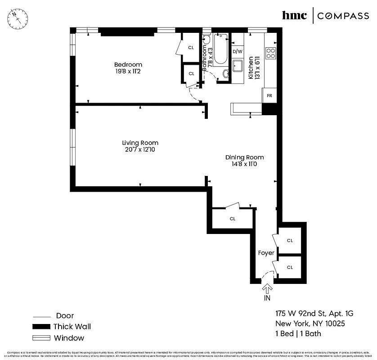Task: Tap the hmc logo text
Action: pyautogui.click(x=294, y=16)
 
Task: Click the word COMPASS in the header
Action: pyautogui.click(x=343, y=16)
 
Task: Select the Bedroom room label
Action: pyautogui.click(x=128, y=64)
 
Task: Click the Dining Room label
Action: pyautogui.click(x=244, y=157)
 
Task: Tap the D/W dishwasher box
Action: pyautogui.click(x=237, y=51)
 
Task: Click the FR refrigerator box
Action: pyautogui.click(x=269, y=96)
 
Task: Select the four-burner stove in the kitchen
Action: pyautogui.click(x=270, y=53)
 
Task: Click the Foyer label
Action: pyautogui.click(x=266, y=253)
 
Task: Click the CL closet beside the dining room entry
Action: pyautogui.click(x=233, y=219)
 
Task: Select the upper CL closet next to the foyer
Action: pyautogui.click(x=290, y=241)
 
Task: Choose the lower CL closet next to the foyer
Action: pyautogui.click(x=290, y=267)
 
